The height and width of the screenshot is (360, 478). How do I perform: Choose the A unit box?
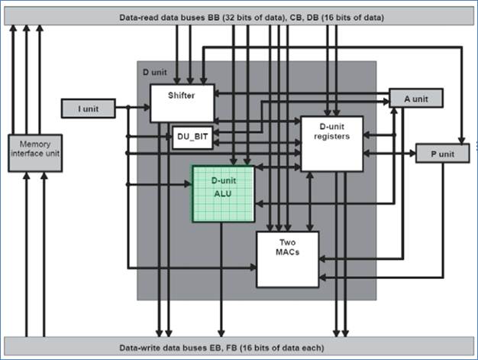click(x=415, y=98)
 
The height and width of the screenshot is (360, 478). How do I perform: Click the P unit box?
click(x=441, y=153)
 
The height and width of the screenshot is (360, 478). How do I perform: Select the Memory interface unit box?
click(x=35, y=153)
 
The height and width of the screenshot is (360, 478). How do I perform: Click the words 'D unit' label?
click(x=156, y=71)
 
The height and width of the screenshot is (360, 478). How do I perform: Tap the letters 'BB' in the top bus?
click(x=212, y=17)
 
